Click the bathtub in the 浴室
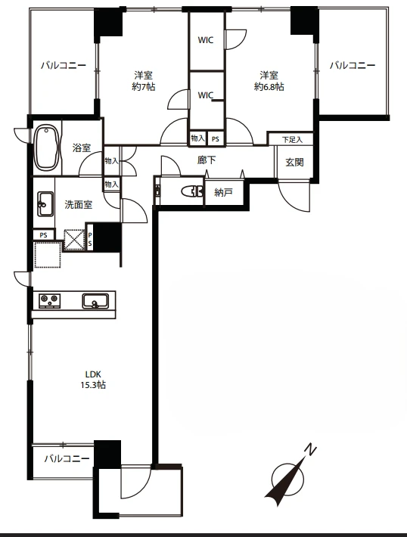coord(47,148)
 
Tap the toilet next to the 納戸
coord(193,191)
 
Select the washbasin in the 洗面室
coord(45,203)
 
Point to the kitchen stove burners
coord(50,301)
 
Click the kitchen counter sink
coord(95,301)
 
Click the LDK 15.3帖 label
coord(93,380)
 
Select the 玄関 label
coord(294,162)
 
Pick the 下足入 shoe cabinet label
coord(292,140)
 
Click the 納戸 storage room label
coord(223,192)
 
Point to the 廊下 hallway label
coord(207,160)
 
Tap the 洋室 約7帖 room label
coord(144,81)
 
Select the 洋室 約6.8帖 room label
coord(269,81)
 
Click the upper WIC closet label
coord(206,40)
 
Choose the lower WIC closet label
coord(206,95)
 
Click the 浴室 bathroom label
coord(82,148)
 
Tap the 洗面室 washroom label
coord(79,205)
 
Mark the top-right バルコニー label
coord(353,65)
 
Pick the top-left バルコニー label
coord(64,65)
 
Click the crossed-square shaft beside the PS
coord(74,240)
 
